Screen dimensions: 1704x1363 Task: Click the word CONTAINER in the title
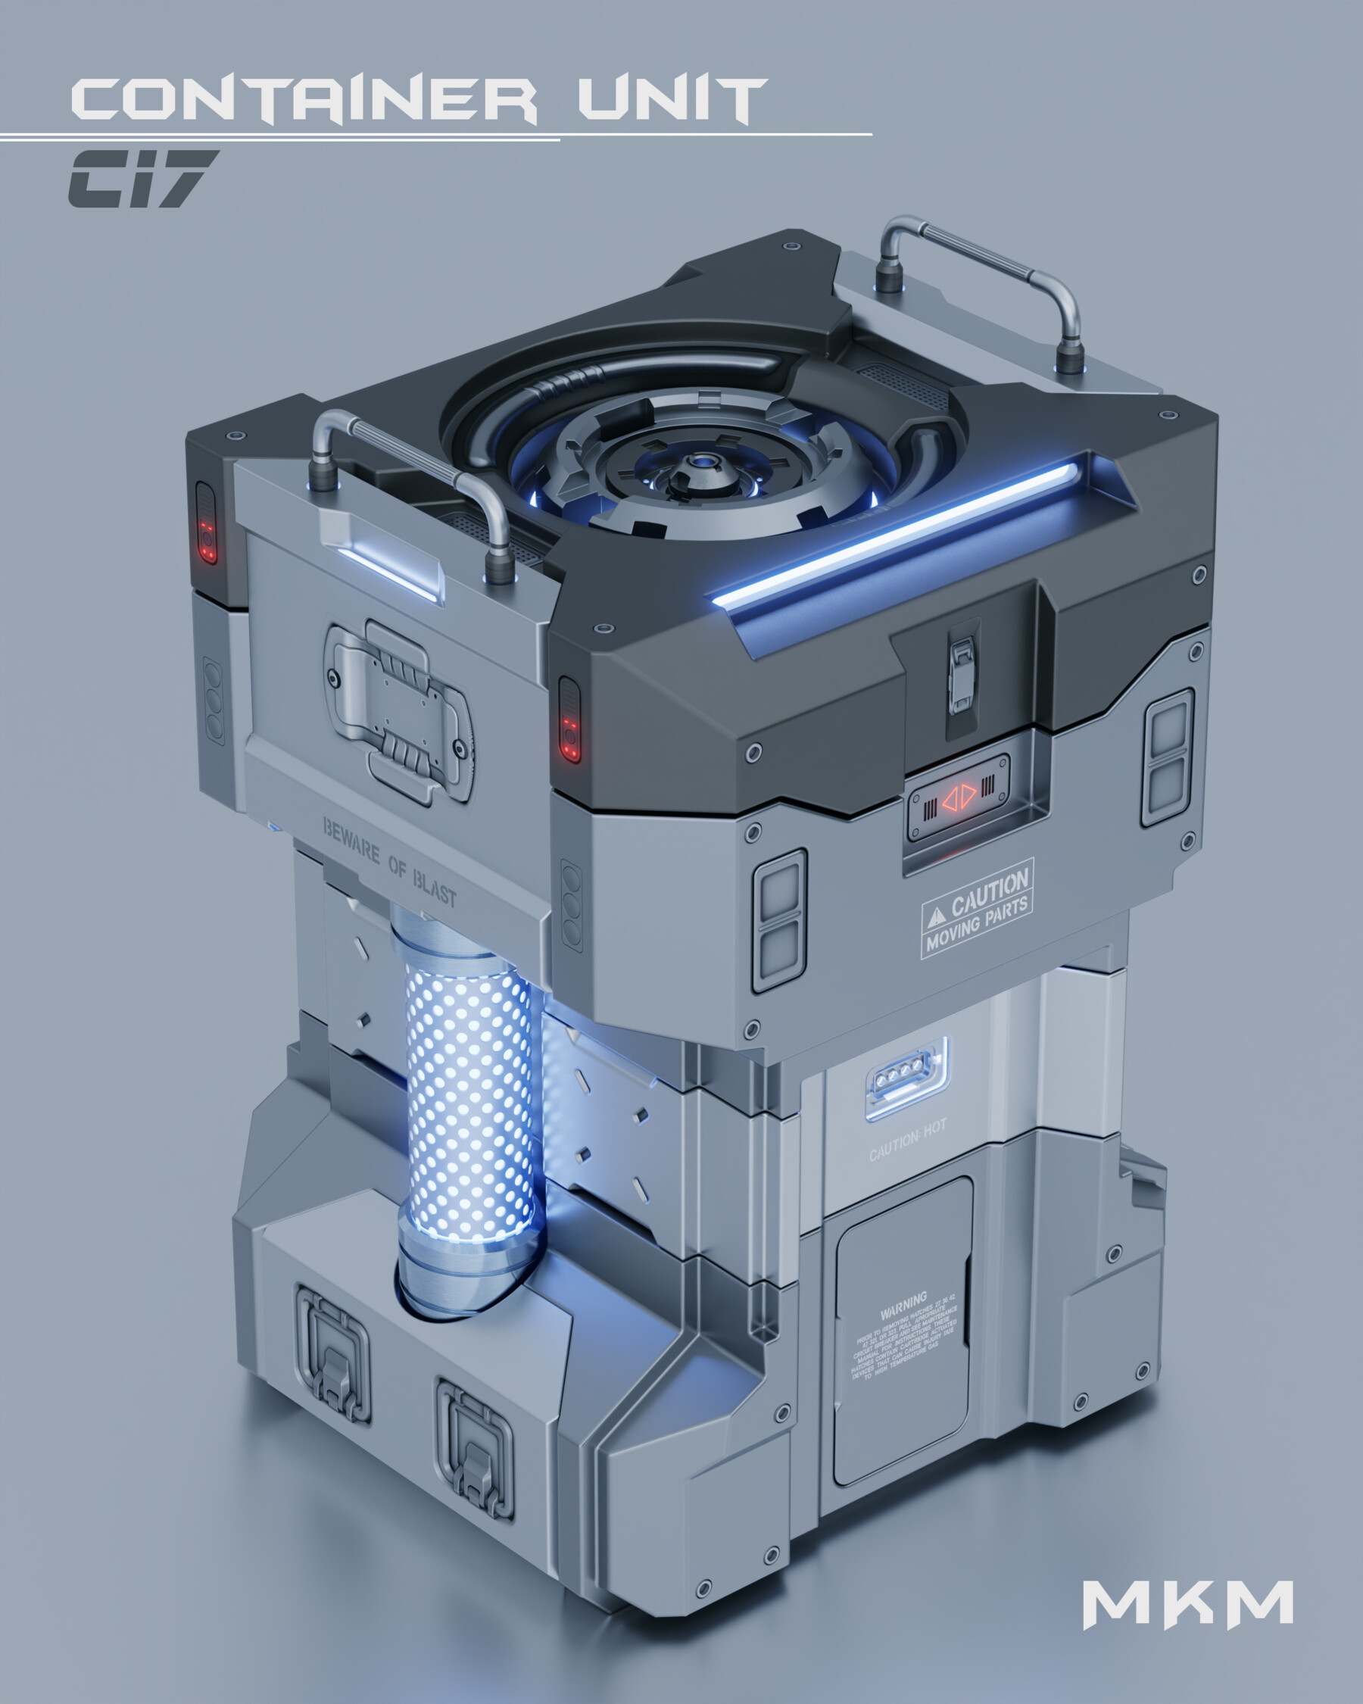(x=304, y=101)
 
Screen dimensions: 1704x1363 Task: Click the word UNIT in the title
(x=672, y=101)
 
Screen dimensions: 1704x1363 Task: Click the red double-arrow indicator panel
(x=959, y=797)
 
